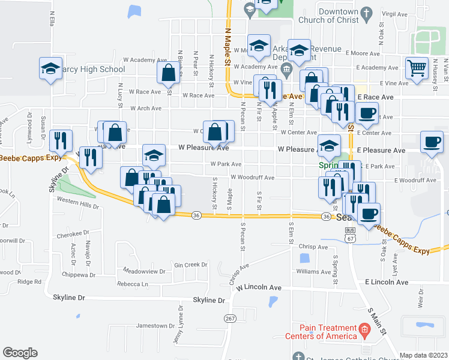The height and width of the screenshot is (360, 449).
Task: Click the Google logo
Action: click(20, 353)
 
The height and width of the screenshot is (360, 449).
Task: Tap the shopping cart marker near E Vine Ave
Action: click(416, 68)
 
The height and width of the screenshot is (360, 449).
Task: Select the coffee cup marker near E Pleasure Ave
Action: click(431, 142)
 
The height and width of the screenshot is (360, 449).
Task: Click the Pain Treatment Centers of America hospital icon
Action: click(364, 330)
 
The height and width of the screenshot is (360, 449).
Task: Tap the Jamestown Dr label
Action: click(155, 326)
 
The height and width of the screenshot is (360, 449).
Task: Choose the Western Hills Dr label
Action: click(77, 206)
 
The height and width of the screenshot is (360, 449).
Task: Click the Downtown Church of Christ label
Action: click(339, 16)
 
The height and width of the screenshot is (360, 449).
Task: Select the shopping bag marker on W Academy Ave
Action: click(169, 73)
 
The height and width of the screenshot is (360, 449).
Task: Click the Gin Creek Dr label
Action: click(186, 265)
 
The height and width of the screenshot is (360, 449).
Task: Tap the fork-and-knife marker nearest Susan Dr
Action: click(61, 140)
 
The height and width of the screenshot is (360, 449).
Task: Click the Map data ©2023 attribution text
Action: click(423, 355)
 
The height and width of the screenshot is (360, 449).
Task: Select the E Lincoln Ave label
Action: click(386, 282)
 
